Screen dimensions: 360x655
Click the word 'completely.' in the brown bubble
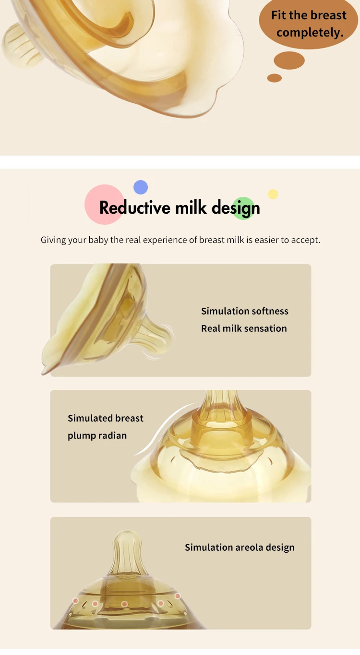[x=310, y=33]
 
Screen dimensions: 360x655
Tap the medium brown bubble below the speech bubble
[x=289, y=61]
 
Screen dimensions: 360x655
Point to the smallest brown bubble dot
[x=275, y=78]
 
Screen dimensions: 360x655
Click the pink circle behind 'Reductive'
[x=104, y=205]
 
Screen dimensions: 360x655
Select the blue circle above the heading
[x=141, y=187]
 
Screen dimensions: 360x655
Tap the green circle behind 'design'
[x=243, y=208]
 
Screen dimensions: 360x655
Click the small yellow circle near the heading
[x=273, y=194]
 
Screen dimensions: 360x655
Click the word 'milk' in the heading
[x=191, y=207]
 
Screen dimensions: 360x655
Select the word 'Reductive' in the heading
[x=135, y=207]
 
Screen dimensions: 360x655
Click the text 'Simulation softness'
[x=245, y=311]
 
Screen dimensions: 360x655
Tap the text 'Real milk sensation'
[x=244, y=328]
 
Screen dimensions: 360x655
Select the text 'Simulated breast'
[x=106, y=418]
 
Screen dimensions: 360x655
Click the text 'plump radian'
[x=97, y=436]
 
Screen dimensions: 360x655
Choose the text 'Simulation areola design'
[x=240, y=547]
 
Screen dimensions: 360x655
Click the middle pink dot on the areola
[x=124, y=604]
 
